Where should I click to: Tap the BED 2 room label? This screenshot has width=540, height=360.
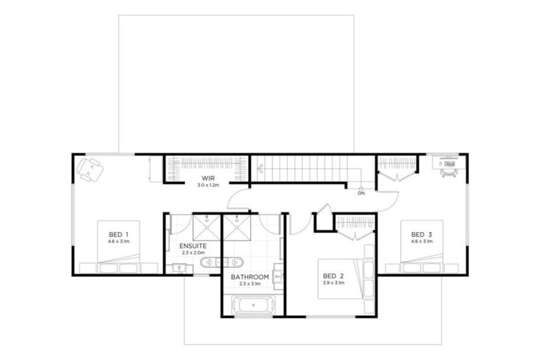point(333,276)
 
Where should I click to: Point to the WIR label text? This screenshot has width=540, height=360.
point(208,179)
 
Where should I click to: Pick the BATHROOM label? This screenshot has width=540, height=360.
point(250,276)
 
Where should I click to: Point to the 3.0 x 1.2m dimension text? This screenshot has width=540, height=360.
point(208,186)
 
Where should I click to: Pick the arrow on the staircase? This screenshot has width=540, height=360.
point(259,168)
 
